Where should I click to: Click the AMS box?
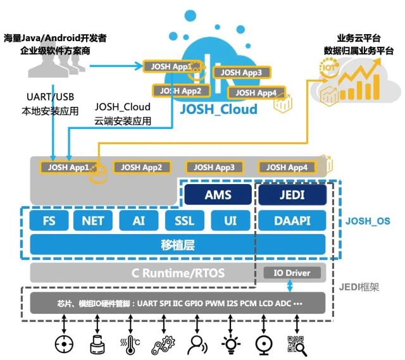218,194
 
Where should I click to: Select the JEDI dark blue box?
292,194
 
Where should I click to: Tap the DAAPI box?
292,221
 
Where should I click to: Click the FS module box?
49,221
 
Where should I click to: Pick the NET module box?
93,221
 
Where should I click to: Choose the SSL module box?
184,221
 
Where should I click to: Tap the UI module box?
230,221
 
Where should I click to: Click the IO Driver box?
292,273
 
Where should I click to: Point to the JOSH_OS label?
368,221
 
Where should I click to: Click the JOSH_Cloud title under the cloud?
218,109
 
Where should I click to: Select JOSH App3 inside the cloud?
242,72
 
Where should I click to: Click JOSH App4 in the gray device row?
287,167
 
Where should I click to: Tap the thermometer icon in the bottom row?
130,345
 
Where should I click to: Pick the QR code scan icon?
297,345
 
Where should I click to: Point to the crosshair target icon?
64,344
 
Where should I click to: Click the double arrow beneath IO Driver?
290,286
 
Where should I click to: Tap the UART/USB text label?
51,97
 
